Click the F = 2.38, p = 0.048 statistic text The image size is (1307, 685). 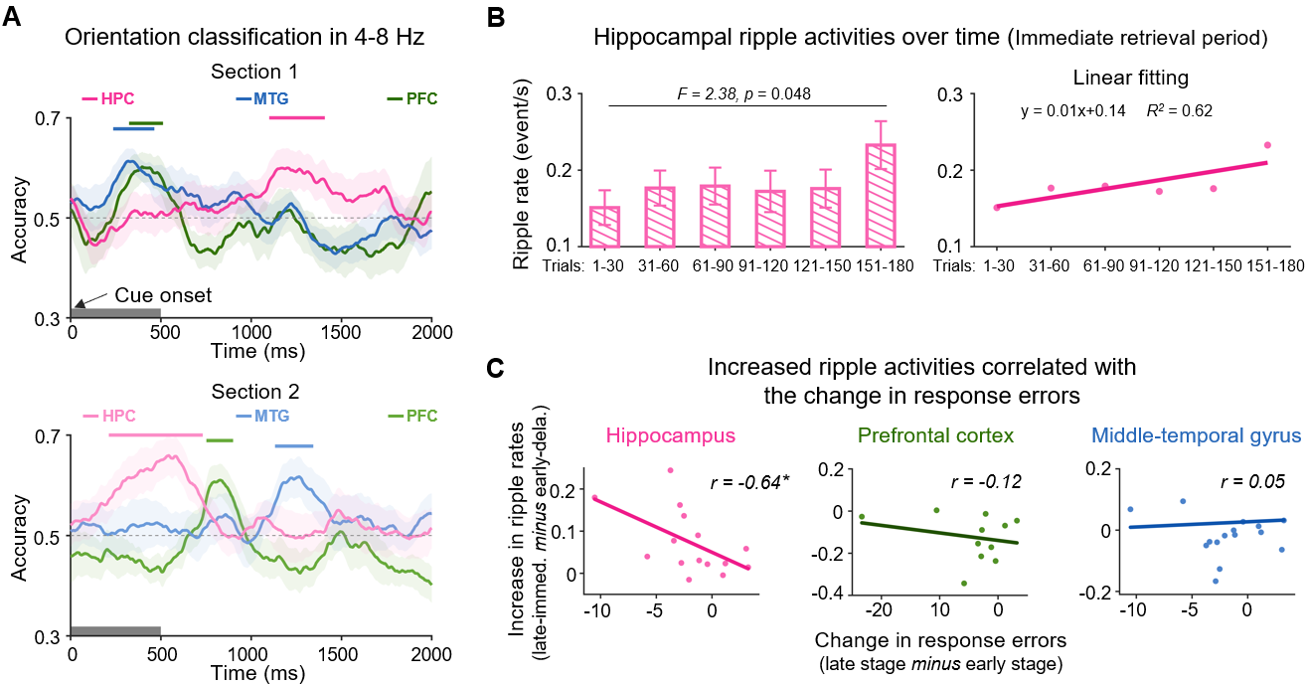coord(746,94)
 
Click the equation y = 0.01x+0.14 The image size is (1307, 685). coord(1072,110)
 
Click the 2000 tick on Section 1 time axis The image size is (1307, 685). coord(430,329)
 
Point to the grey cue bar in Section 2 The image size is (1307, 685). coord(115,631)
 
